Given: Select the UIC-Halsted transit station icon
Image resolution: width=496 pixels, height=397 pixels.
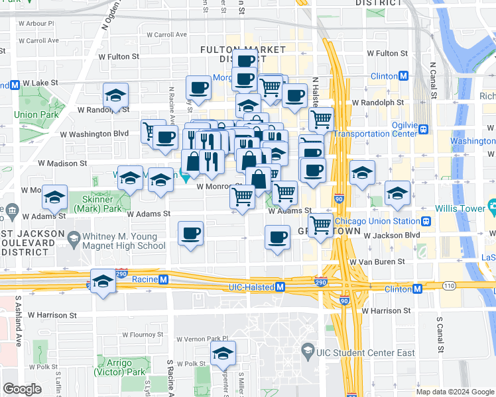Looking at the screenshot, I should (280, 287).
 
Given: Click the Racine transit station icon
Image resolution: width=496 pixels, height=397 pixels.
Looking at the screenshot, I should (162, 279).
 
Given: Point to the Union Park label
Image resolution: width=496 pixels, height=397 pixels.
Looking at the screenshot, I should (35, 114).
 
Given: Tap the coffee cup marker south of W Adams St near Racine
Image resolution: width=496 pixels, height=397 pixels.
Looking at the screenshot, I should (191, 233).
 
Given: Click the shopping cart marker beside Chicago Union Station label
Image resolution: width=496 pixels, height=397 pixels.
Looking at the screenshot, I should (321, 224).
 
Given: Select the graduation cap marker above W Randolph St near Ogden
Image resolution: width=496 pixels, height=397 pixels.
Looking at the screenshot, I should (116, 95).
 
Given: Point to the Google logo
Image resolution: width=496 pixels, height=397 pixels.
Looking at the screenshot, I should (23, 389).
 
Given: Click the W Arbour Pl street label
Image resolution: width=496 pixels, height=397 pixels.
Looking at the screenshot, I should (37, 23).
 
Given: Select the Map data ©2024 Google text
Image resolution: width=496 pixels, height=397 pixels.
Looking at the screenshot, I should (454, 392).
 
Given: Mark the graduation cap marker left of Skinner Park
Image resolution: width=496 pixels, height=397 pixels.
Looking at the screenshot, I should (55, 197).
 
